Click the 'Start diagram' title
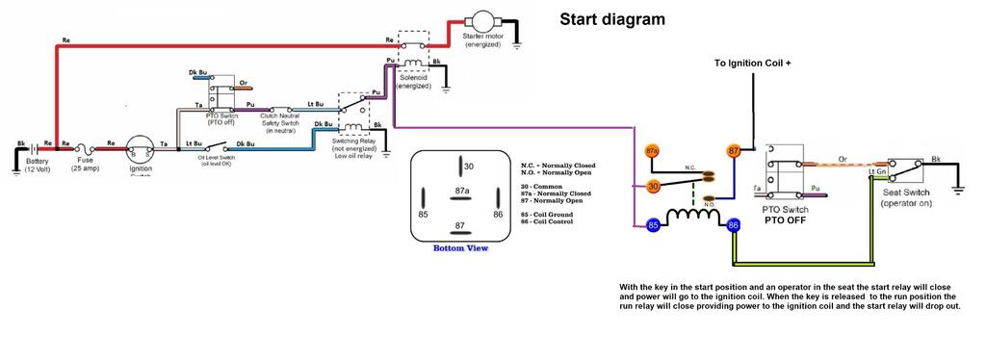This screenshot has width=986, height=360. click(x=612, y=19)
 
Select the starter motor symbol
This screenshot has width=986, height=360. click(x=480, y=21)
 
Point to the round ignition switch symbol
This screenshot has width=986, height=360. click(x=141, y=151)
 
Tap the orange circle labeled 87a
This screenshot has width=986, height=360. click(x=652, y=151)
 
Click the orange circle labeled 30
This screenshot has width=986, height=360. click(x=654, y=186)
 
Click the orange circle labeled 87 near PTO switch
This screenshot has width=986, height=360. click(x=734, y=151)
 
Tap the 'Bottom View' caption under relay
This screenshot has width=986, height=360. click(x=460, y=248)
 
